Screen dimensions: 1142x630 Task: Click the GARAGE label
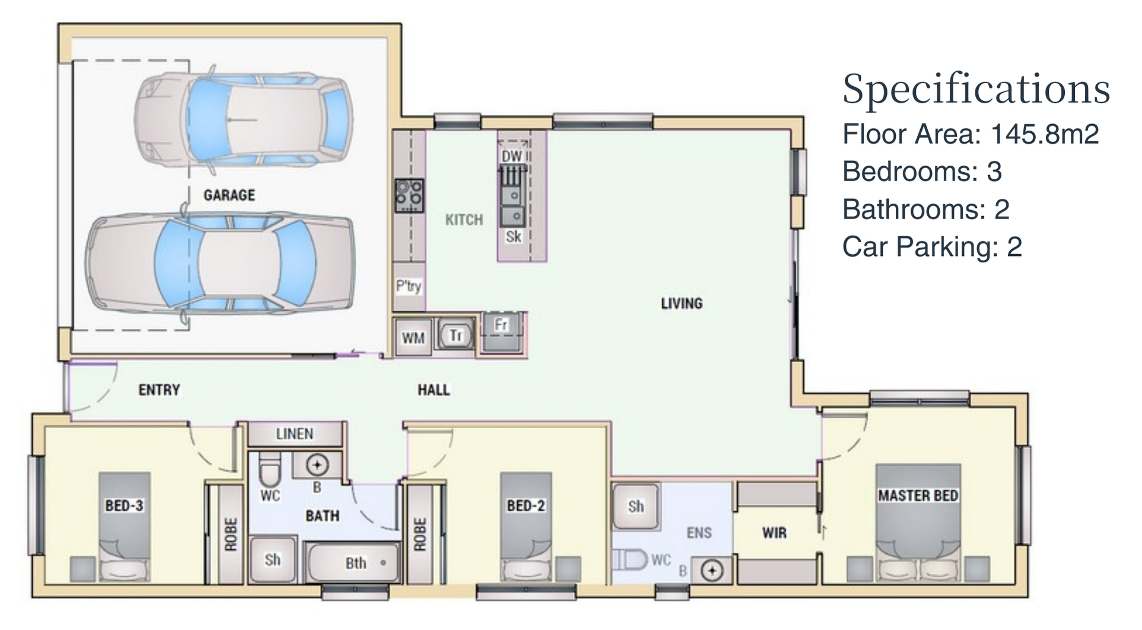pos(229,195)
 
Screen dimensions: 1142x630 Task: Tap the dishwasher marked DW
pos(513,156)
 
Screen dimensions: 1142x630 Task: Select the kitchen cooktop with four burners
pos(409,195)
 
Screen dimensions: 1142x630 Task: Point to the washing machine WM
pos(413,338)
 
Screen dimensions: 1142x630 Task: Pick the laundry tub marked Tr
pos(456,335)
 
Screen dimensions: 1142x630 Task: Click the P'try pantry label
pos(409,286)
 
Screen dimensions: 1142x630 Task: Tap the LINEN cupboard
pos(295,434)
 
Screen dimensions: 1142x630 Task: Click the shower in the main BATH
pos(272,559)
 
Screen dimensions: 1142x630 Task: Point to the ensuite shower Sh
pos(635,506)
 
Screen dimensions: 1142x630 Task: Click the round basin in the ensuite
pos(712,571)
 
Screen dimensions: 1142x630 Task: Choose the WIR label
pos(774,533)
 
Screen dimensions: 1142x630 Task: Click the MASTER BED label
pos(918,495)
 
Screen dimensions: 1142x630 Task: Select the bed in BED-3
pos(124,527)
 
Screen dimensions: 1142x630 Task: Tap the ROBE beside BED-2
pos(420,534)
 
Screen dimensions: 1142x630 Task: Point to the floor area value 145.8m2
pos(1045,134)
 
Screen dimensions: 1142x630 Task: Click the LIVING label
pos(682,303)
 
